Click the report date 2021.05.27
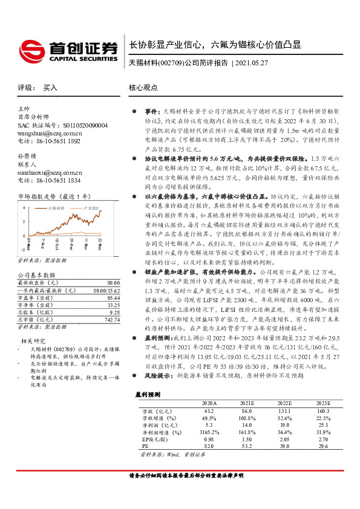(251, 62)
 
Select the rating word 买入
(50, 87)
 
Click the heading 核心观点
(145, 87)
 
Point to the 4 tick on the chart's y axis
(23, 207)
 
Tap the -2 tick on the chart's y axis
(22, 249)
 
